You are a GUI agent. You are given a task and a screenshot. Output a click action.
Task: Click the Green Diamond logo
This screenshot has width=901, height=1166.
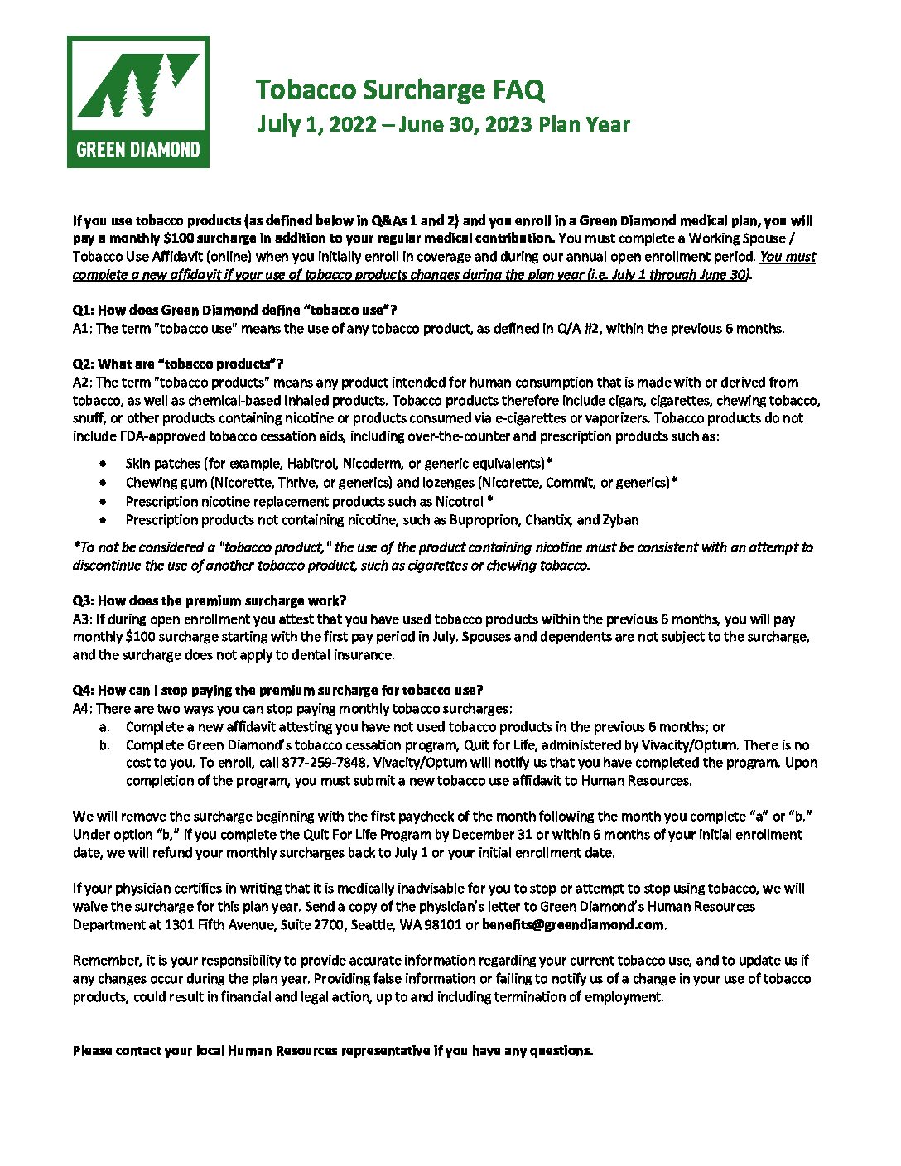(138, 102)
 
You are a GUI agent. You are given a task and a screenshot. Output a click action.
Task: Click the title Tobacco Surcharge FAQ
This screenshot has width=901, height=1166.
(400, 89)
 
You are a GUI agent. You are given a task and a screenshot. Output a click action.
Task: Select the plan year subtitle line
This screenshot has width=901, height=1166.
(443, 124)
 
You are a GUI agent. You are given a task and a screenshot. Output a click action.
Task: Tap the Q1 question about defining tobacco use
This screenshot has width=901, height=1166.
(235, 311)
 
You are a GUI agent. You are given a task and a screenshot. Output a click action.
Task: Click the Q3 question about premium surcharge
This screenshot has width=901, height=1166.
(210, 601)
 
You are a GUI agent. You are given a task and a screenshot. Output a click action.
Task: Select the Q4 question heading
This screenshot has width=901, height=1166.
(277, 691)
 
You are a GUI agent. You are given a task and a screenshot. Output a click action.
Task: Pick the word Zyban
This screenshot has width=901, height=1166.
(620, 520)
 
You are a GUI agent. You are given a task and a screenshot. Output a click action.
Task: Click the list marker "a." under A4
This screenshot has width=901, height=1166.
(104, 727)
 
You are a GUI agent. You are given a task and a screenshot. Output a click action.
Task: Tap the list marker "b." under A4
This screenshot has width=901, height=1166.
(104, 745)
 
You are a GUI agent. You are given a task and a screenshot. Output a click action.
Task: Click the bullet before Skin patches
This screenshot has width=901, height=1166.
(102, 464)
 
